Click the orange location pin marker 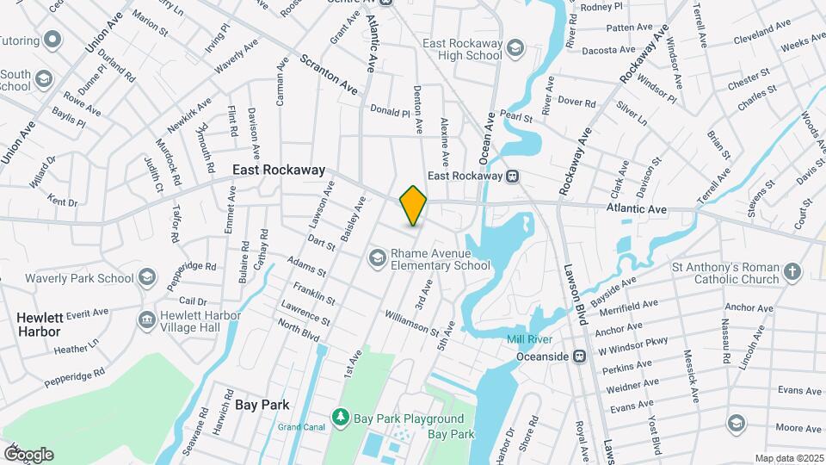[413, 205]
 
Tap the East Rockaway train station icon [512, 176]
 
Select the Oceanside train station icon [580, 356]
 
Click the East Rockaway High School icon [515, 46]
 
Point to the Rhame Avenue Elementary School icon [377, 257]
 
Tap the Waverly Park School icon [147, 277]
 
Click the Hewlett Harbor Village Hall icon [146, 319]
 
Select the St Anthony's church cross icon [792, 273]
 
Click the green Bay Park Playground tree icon [342, 418]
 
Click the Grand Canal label [299, 427]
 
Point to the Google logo [28, 454]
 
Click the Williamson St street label [412, 324]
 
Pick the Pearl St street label [511, 114]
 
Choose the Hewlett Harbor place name [40, 325]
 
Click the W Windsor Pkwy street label [632, 345]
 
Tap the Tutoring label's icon [53, 40]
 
